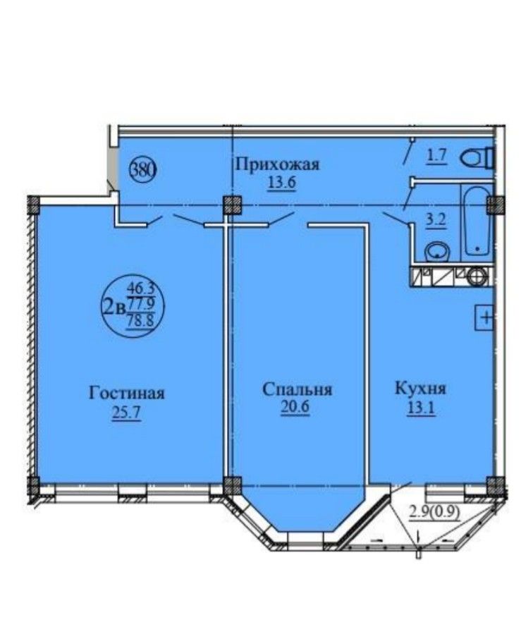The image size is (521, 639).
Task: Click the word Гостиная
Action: [x=127, y=393]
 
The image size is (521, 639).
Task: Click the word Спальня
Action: [x=297, y=389]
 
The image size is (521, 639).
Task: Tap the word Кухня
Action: [x=421, y=388]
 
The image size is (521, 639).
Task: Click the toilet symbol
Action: [x=477, y=159]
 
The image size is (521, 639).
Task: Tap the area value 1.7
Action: [x=437, y=155]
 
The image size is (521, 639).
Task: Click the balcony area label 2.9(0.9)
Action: [x=435, y=510]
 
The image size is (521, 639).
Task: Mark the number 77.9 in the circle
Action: [x=142, y=303]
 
